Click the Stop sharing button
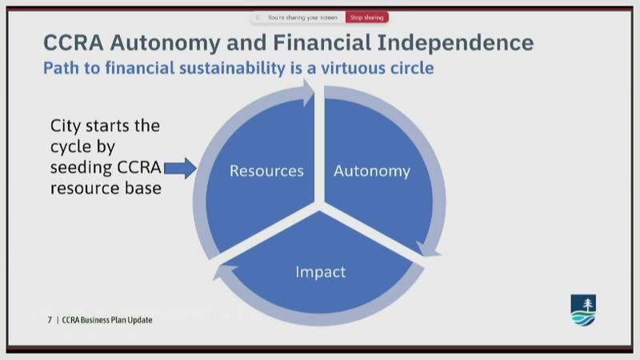(x=367, y=17)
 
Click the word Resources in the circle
(x=266, y=170)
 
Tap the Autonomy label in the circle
(x=372, y=171)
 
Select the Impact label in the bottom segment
(x=321, y=272)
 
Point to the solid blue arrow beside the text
(x=180, y=168)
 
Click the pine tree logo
(x=583, y=310)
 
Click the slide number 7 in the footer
(x=50, y=320)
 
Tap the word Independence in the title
(x=455, y=43)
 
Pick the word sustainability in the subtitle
(x=232, y=68)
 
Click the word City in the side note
(x=66, y=126)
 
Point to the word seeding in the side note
(x=82, y=168)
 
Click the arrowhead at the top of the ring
(x=308, y=93)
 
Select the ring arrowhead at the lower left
(x=224, y=271)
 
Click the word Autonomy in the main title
(x=165, y=43)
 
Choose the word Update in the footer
(x=139, y=320)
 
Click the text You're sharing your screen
(x=302, y=18)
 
